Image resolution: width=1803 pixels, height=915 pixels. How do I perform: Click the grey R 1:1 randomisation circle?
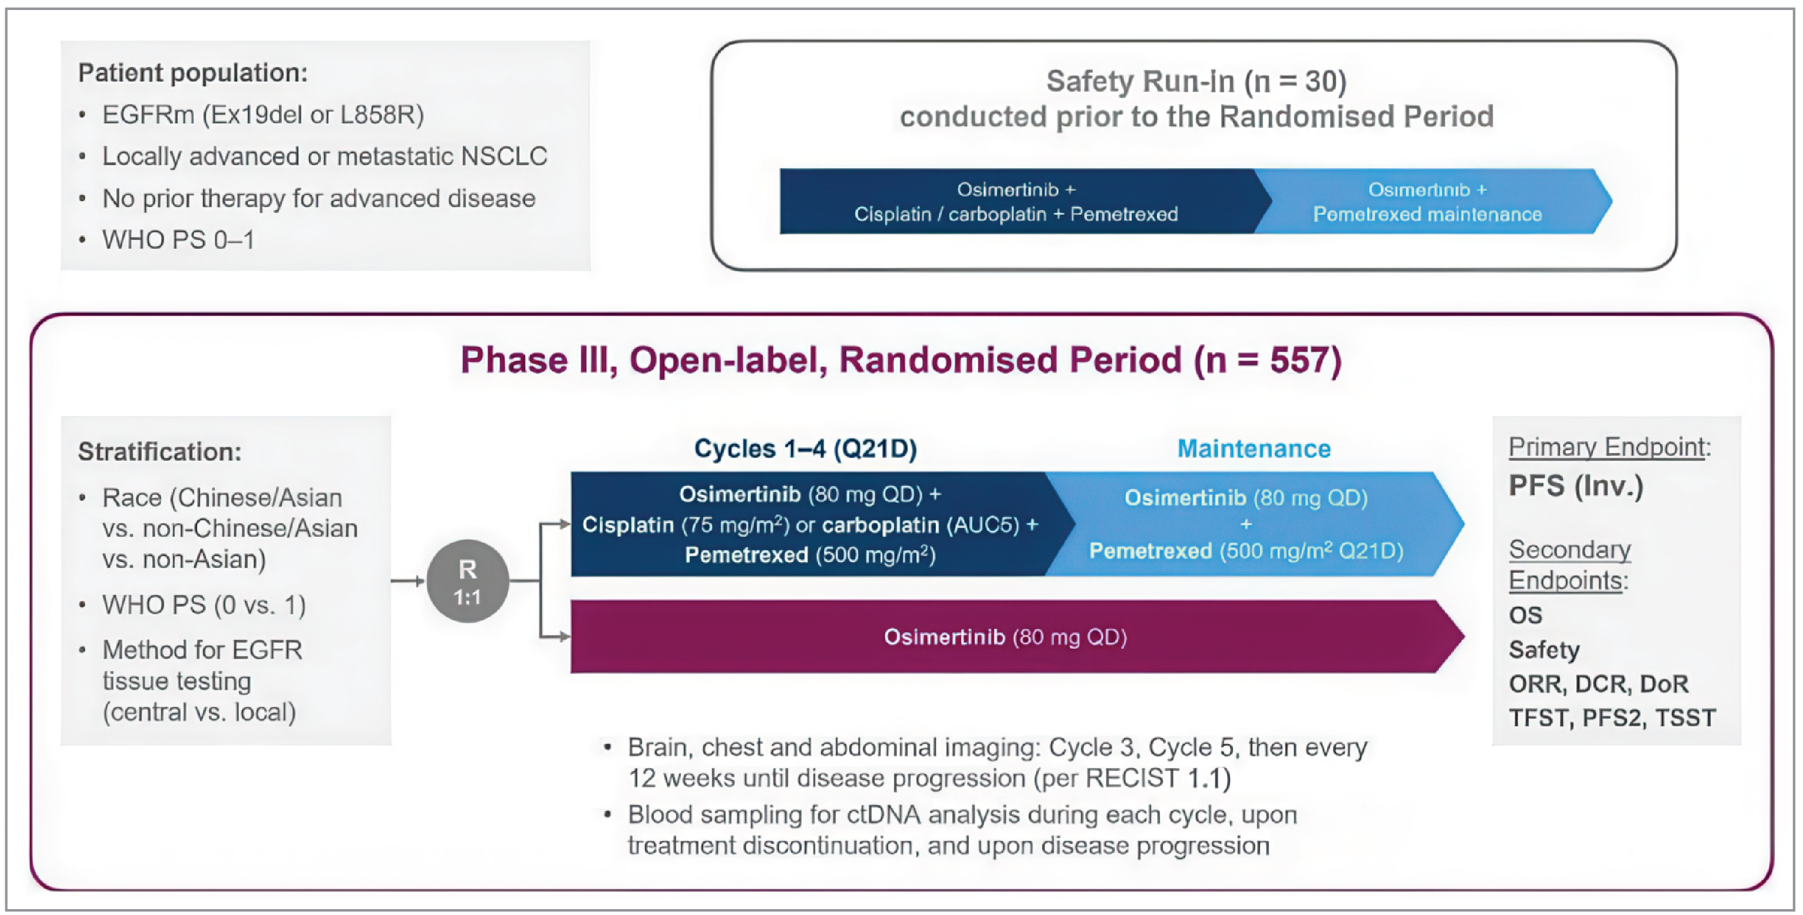pos(468,581)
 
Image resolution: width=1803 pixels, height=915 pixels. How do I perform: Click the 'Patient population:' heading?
pos(193,73)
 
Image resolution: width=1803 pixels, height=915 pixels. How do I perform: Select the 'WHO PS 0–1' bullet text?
pos(178,240)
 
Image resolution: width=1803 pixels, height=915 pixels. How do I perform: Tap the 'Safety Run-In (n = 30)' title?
pos(1196,82)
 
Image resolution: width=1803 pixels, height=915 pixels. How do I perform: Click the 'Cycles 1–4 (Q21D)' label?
pos(805,449)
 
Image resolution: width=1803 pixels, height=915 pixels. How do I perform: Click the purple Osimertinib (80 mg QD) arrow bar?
pos(1005,636)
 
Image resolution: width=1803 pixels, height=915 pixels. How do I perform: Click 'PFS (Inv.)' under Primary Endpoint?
pos(1576,486)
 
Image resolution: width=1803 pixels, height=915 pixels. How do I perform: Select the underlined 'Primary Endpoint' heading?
pos(1606,446)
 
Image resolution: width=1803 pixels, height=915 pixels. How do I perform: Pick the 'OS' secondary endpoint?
pos(1525,615)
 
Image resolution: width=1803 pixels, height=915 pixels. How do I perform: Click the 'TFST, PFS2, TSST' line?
pos(1612,718)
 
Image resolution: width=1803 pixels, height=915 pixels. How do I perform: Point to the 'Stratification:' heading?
pos(160,452)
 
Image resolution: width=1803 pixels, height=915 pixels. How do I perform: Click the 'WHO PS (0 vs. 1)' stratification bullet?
pos(204,604)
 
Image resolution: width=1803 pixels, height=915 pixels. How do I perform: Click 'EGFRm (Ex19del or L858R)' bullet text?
pos(262,115)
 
